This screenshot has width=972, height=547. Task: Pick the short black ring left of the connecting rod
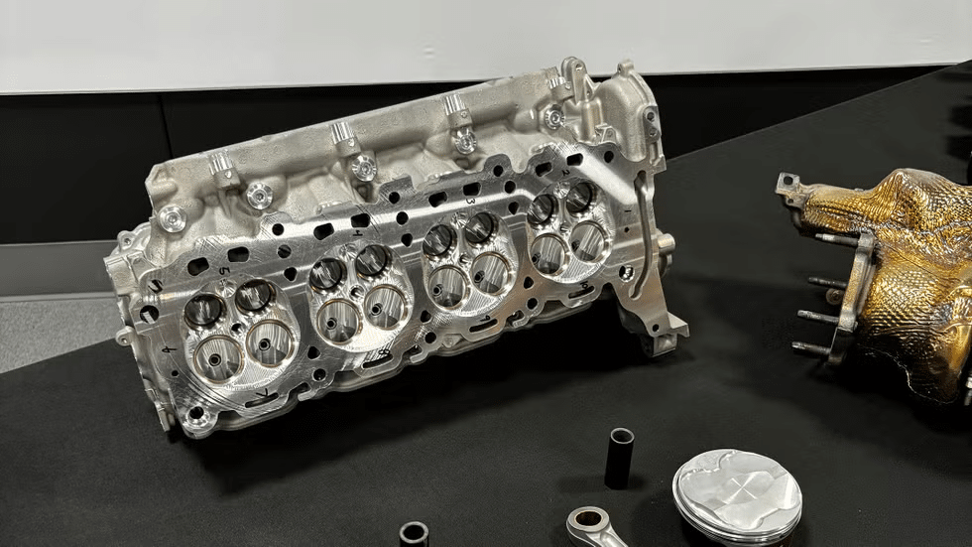click(x=414, y=534)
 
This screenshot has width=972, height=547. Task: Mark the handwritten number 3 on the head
click(x=471, y=201)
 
